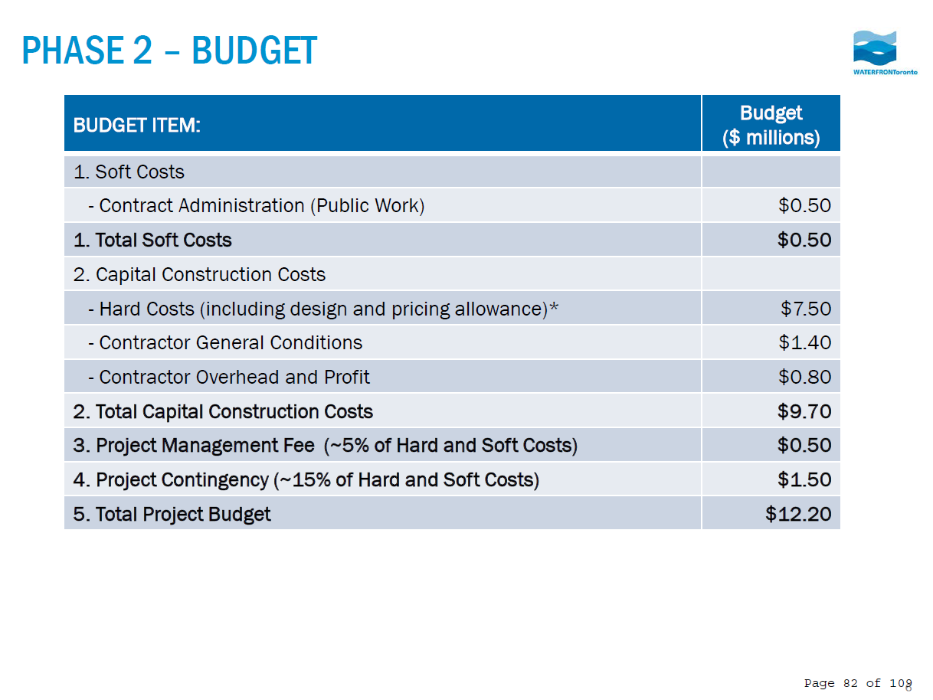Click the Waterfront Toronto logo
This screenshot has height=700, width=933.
point(874,52)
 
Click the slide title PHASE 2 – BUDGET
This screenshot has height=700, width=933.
point(169,51)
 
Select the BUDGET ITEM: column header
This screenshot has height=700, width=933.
point(136,126)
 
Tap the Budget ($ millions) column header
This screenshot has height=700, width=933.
point(771,125)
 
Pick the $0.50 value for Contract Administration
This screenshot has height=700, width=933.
point(804,205)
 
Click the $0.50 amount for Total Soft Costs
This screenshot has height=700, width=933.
point(804,240)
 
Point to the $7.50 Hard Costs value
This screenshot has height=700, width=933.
point(806,309)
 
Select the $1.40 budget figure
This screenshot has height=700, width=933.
point(804,342)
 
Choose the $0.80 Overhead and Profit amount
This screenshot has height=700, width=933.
point(804,377)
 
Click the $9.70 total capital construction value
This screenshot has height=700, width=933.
point(804,411)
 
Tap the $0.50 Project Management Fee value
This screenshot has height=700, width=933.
point(804,445)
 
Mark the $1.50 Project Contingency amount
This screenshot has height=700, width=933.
point(804,479)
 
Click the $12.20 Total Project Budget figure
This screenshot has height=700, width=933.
point(798,513)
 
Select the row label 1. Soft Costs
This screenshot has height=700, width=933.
point(129,172)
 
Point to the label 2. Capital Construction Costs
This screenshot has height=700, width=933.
point(199,274)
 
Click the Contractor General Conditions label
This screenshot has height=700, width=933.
point(231,342)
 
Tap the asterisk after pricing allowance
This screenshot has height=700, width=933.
point(555,308)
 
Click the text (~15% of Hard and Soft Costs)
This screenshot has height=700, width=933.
point(406,479)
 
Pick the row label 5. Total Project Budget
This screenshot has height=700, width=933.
point(172,513)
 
